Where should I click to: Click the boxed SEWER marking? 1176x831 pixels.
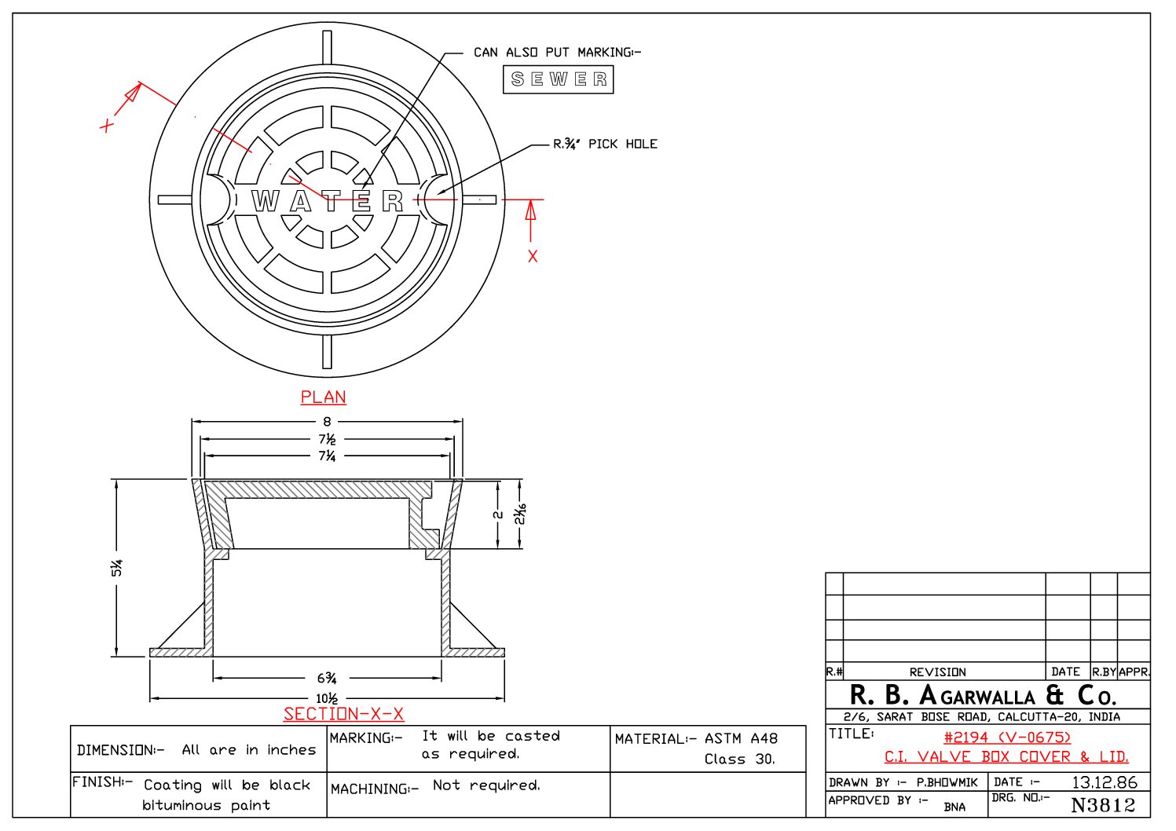point(558,79)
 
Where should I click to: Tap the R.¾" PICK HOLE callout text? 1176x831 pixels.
point(605,144)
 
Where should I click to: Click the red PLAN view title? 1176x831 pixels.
point(323,397)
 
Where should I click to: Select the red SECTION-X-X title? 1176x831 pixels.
point(343,714)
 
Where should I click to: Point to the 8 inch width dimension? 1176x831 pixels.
point(327,422)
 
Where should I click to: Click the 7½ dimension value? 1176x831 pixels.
point(327,439)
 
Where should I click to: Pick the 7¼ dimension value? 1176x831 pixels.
point(327,456)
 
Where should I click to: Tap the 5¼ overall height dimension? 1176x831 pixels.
point(117,568)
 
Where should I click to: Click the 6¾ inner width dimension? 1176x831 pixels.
point(327,678)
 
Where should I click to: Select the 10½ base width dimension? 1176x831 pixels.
point(327,698)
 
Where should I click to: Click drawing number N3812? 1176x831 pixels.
point(1103,805)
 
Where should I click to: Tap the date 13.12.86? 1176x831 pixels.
point(1104,782)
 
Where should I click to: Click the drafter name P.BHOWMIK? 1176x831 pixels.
point(947,782)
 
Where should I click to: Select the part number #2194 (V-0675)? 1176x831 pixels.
point(1007,737)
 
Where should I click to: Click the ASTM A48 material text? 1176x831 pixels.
point(741,738)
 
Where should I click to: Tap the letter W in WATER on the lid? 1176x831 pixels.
point(265,201)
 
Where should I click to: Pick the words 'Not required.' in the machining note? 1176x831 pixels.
point(486,785)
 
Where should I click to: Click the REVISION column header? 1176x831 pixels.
point(937,672)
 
